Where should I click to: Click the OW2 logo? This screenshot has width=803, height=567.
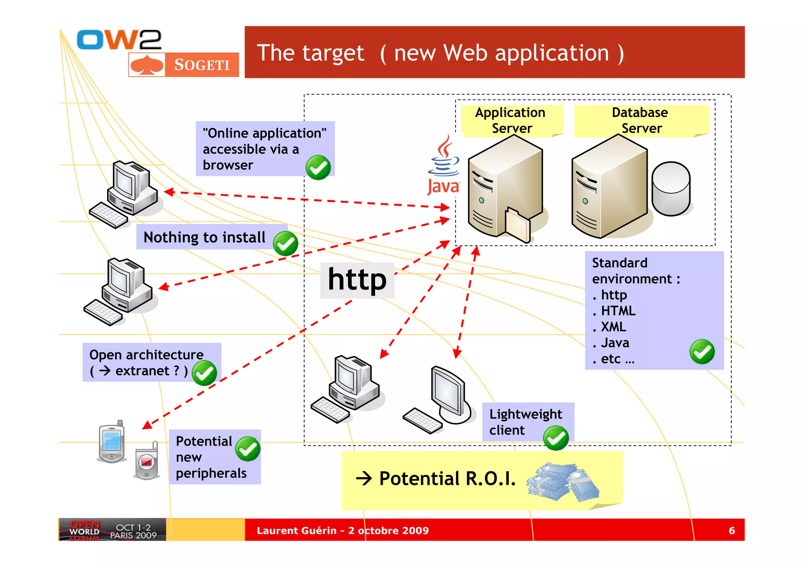click(x=119, y=40)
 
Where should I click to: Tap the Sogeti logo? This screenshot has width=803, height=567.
click(x=183, y=65)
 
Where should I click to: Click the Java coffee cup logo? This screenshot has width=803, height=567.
click(x=443, y=165)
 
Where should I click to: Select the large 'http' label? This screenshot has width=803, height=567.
click(x=357, y=280)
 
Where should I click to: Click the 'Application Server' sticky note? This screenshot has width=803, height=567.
click(x=511, y=120)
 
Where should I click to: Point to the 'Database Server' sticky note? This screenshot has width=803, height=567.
click(x=641, y=120)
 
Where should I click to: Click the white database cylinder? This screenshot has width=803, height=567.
click(x=671, y=188)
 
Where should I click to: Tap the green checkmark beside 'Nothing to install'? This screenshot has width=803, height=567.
click(x=285, y=243)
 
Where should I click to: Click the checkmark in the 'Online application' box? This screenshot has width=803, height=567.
click(x=318, y=167)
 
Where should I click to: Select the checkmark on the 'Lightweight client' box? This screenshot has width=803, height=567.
click(x=556, y=438)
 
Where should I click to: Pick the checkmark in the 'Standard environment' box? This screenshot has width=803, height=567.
click(x=702, y=351)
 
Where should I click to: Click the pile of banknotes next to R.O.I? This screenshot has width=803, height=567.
click(x=563, y=482)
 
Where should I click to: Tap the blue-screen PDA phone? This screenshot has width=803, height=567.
click(x=111, y=442)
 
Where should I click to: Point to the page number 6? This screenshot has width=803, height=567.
click(x=732, y=531)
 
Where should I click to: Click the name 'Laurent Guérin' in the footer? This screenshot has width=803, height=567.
click(x=296, y=531)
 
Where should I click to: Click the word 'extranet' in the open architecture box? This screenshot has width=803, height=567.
click(x=142, y=371)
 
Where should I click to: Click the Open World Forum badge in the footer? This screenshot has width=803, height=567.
click(x=112, y=530)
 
